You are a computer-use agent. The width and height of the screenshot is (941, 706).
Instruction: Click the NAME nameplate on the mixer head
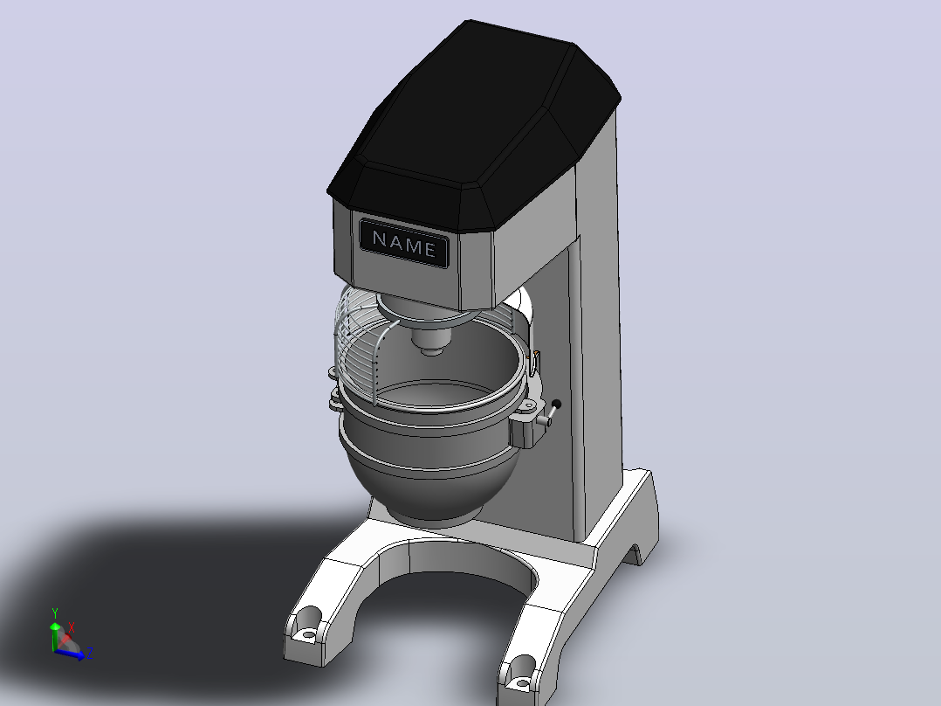(403, 243)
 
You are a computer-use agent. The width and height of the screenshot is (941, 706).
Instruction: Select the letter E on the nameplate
(429, 249)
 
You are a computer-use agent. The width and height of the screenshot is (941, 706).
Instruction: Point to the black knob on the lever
(556, 405)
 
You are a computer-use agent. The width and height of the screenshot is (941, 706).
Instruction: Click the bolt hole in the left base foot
(308, 633)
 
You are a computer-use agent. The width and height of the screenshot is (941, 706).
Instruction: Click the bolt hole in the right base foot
(523, 682)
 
